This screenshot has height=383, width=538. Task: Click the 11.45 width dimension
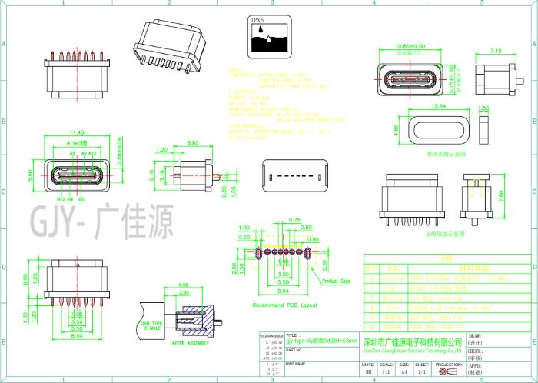(x=76, y=132)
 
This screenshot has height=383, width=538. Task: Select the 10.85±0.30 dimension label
(x=410, y=46)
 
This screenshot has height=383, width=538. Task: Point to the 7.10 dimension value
(x=496, y=51)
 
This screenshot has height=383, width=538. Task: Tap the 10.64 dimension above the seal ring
(x=439, y=105)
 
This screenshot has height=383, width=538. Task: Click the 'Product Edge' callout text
(x=336, y=281)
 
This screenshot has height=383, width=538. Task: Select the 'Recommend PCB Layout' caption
(x=284, y=305)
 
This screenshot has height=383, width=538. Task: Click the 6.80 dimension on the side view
(x=193, y=143)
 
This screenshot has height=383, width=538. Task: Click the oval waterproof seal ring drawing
(x=439, y=130)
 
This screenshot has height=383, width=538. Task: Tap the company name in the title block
(x=412, y=341)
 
